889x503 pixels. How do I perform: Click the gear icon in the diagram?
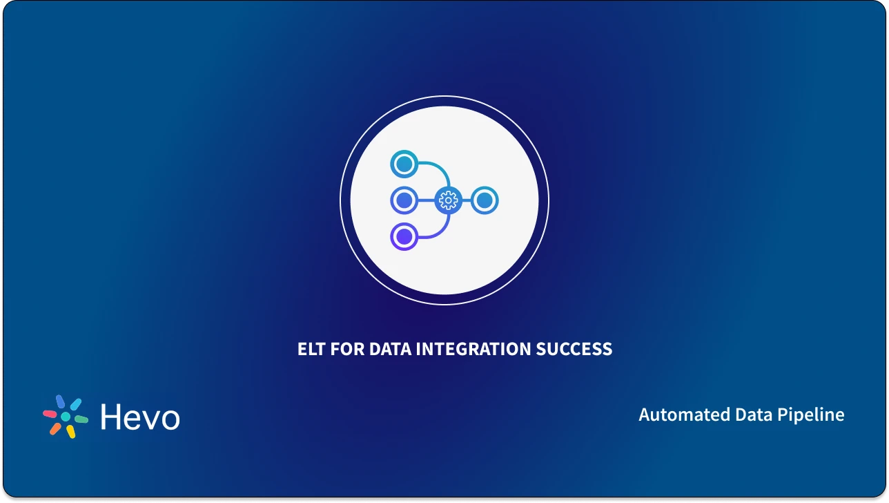coord(449,200)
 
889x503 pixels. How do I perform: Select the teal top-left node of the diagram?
coord(404,164)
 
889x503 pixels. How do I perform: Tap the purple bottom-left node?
coord(404,237)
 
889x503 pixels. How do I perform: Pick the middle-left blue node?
coord(404,200)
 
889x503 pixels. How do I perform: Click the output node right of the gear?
coord(485,200)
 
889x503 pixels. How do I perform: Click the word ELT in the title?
coord(311,349)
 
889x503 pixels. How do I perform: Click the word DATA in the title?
coord(388,349)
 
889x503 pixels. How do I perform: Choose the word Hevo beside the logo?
coord(140,417)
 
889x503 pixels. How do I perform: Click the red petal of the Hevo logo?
coord(50,415)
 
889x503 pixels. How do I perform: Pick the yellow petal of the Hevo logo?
coord(70,431)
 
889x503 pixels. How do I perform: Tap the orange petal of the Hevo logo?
coord(55,429)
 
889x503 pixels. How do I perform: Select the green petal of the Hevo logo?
coord(81,419)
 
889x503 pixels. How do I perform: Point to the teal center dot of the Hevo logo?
coord(66,417)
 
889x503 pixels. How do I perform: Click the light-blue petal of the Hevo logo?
coord(75,404)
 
